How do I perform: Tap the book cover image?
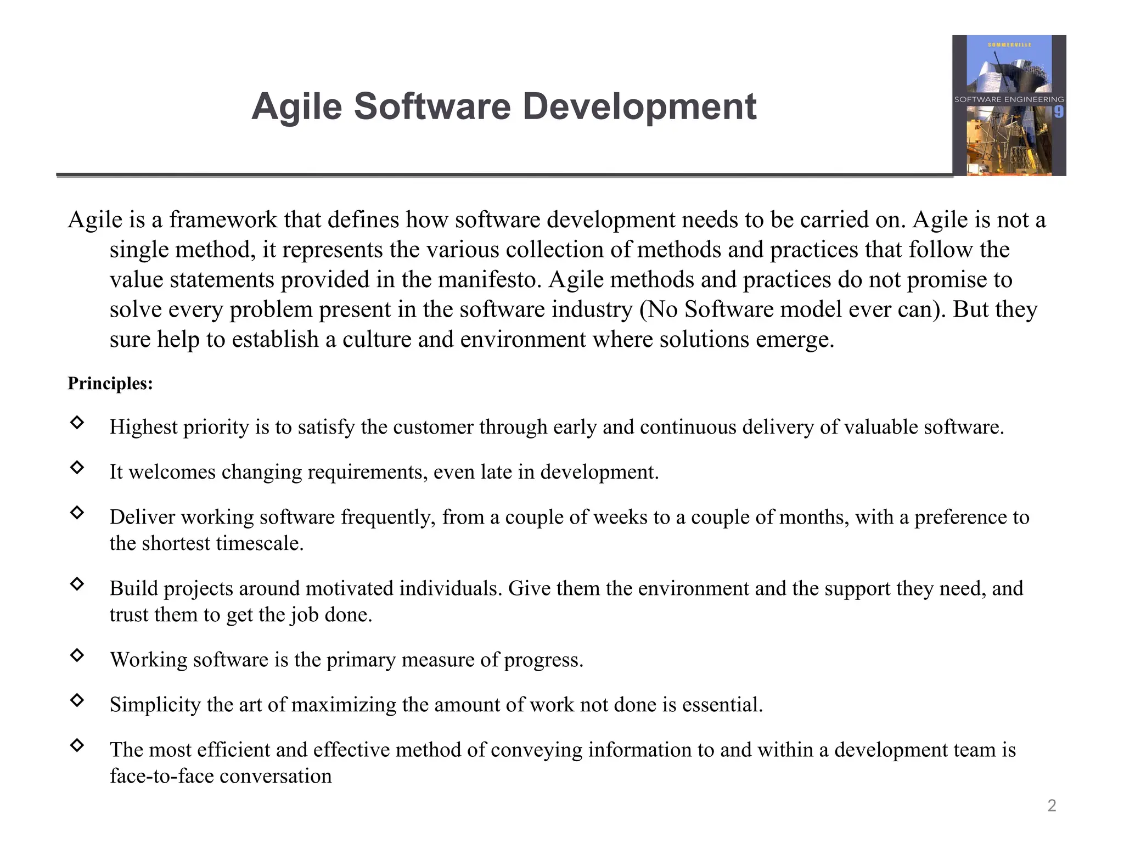click(1009, 105)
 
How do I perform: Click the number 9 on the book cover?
click(1059, 112)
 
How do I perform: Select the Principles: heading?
click(110, 383)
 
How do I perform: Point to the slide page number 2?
click(1052, 805)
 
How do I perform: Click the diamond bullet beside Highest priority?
click(77, 422)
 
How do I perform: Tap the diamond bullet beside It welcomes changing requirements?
click(77, 467)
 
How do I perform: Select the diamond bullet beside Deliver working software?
click(77, 512)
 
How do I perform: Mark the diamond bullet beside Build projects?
click(77, 583)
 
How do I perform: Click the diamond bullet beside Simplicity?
click(77, 700)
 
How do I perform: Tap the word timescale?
click(260, 543)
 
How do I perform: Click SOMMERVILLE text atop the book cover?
click(1009, 44)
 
